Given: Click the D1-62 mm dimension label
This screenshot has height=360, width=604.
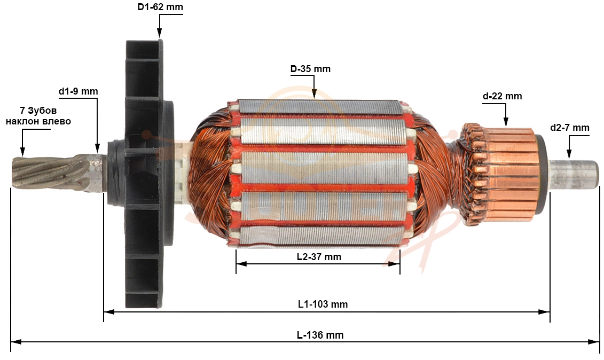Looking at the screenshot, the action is pos(160,7).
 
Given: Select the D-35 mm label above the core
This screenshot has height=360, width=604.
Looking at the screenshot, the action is pos(310,69).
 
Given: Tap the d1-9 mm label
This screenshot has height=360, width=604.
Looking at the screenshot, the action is pos(78,91).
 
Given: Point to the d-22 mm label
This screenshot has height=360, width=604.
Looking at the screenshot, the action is pos(503,96).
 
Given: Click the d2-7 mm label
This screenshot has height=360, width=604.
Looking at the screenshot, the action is pos(570,128).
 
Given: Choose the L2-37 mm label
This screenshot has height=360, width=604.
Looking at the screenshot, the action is pos(319,257).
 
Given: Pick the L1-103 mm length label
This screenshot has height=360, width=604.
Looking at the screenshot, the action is pos(323,304).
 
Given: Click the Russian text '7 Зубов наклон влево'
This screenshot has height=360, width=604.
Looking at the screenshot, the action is pos(38,115).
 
